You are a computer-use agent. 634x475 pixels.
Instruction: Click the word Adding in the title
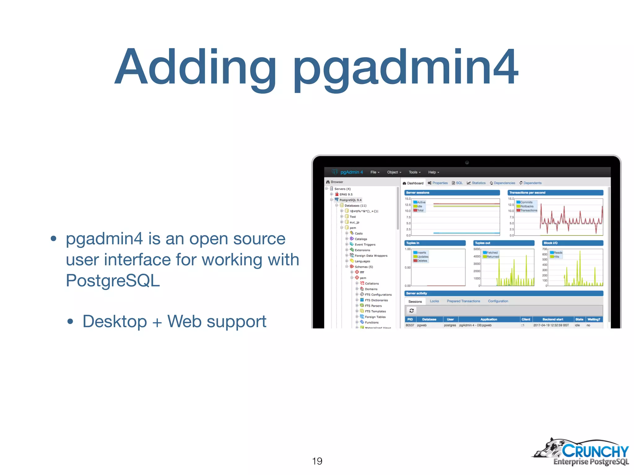[x=195, y=67]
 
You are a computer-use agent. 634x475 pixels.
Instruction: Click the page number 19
[x=317, y=461]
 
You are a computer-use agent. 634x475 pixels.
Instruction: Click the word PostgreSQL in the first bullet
[x=113, y=280]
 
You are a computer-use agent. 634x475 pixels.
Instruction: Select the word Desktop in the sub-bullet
[x=115, y=321]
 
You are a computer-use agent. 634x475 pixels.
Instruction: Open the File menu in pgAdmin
[x=375, y=172]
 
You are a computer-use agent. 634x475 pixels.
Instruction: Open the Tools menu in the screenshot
[x=414, y=172]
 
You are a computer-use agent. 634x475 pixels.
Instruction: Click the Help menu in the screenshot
[x=433, y=172]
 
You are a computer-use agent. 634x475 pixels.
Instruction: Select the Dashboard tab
[x=413, y=183]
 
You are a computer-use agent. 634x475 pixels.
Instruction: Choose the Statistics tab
[x=476, y=183]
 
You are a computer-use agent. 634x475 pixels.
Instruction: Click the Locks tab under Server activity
[x=434, y=301]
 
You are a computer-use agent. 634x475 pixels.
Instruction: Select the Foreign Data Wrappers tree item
[x=371, y=256]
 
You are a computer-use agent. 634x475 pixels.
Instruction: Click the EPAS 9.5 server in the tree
[x=346, y=195]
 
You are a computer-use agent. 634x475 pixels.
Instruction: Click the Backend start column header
[x=553, y=319]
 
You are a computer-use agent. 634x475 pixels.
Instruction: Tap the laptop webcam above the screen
[x=467, y=162]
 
